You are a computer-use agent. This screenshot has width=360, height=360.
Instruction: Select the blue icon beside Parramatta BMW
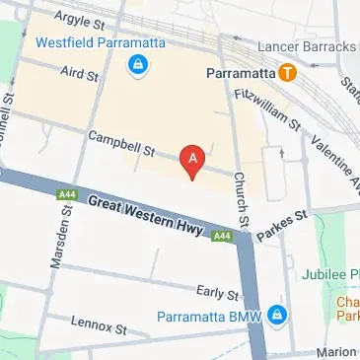(x=278, y=315)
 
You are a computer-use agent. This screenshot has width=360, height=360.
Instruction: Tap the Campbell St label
(x=122, y=145)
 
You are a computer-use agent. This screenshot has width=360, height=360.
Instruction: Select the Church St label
(x=241, y=196)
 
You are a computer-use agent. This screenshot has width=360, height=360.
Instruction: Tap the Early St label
(x=217, y=293)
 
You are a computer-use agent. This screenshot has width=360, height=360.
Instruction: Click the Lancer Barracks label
(x=306, y=46)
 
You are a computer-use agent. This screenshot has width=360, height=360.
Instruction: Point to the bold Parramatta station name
(x=241, y=72)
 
